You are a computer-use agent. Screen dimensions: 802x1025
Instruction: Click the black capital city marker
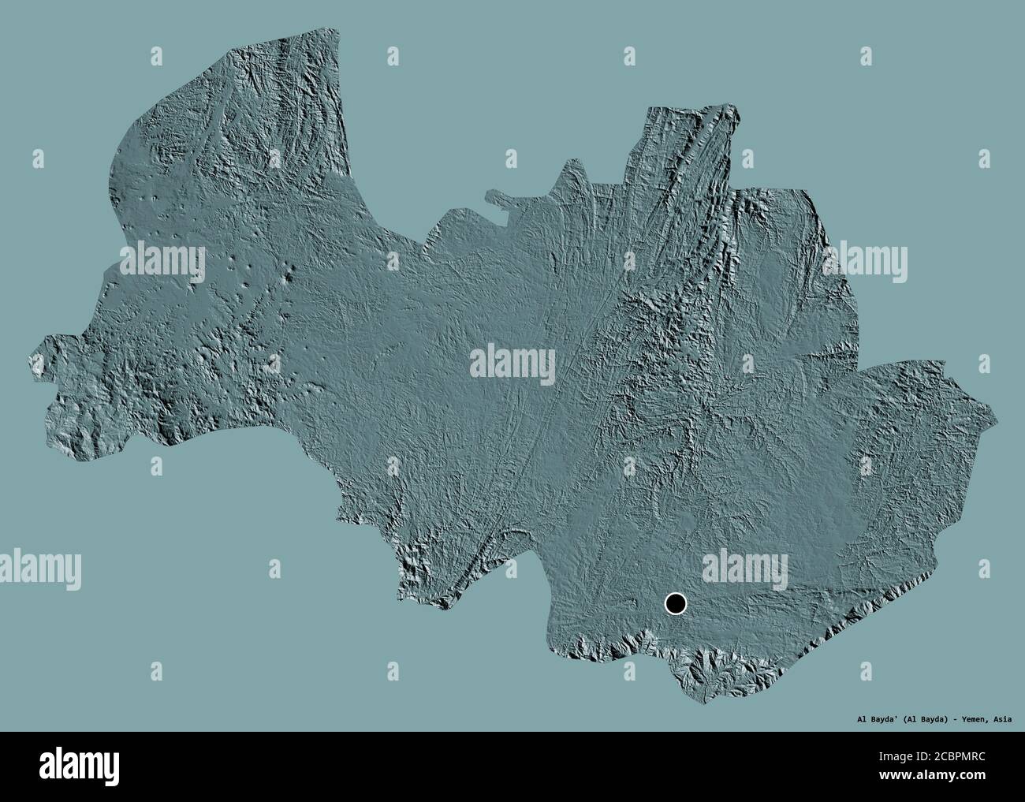(676, 604)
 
